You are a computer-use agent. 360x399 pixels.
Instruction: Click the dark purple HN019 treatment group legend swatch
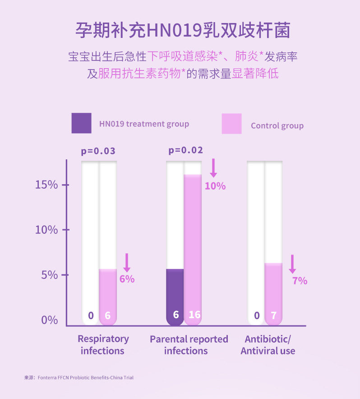tap(81, 123)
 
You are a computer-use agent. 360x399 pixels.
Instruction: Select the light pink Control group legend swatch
tap(231, 124)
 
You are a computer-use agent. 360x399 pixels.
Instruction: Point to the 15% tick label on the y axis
tap(46, 185)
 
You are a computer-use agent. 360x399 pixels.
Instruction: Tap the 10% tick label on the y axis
tap(46, 230)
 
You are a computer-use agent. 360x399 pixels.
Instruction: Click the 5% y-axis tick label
tap(50, 275)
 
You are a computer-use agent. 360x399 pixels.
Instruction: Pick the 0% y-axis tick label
tap(50, 320)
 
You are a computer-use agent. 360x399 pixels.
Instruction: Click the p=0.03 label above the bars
tap(98, 151)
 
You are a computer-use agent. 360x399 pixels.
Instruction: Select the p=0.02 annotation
tap(186, 150)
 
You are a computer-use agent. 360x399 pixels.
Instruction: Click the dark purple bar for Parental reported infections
tap(175, 297)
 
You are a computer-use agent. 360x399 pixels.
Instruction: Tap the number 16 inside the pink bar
tap(194, 315)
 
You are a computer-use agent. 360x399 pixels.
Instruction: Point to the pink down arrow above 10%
tap(213, 168)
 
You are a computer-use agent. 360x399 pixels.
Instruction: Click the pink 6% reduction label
tap(127, 279)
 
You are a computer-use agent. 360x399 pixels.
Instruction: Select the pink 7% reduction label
tap(300, 281)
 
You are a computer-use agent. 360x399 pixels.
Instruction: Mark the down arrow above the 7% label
tap(292, 264)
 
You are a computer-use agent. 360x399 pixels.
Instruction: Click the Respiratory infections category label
tap(103, 345)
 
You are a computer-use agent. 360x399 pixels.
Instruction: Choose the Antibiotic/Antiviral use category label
tap(268, 345)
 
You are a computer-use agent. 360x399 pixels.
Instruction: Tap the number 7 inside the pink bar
tap(274, 315)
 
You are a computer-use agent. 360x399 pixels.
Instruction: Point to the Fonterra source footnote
tap(79, 378)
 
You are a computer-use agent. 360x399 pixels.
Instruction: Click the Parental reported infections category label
tap(189, 345)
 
